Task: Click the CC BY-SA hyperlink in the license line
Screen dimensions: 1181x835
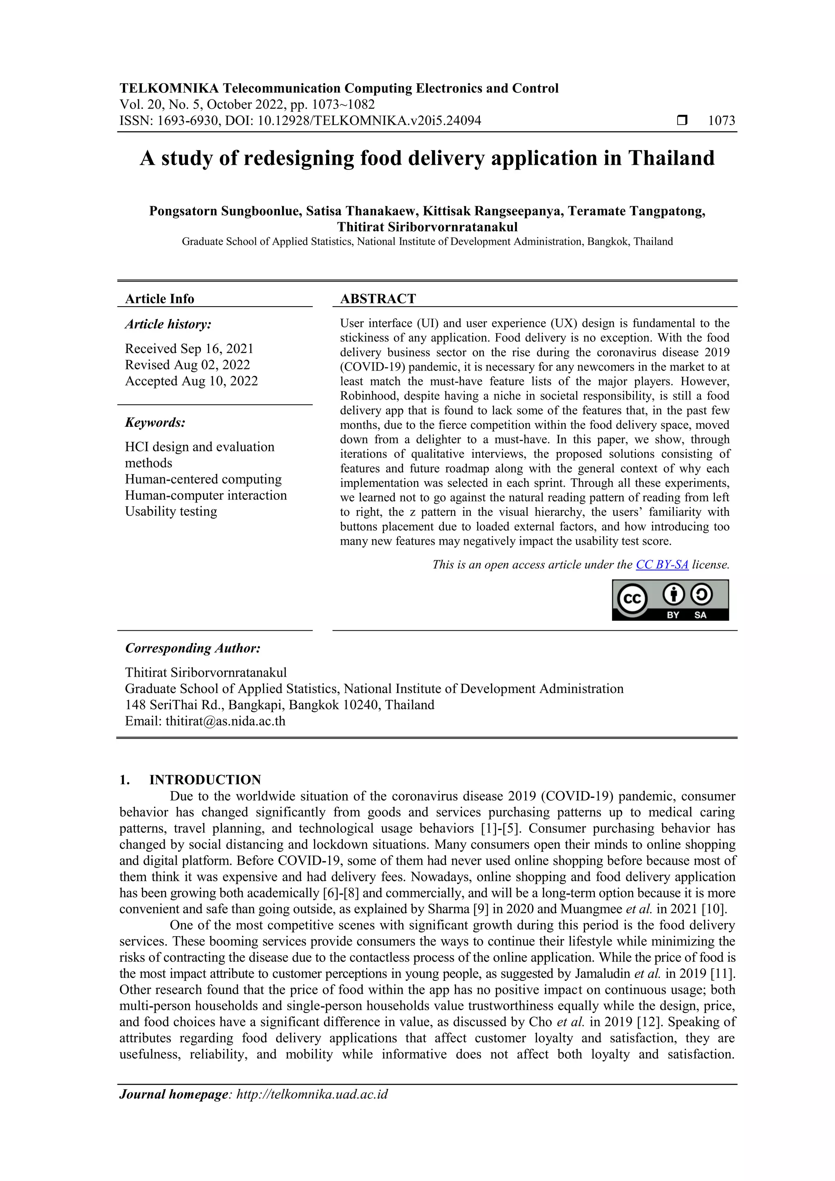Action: coord(662,565)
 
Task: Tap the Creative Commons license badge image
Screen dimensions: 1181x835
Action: coord(670,600)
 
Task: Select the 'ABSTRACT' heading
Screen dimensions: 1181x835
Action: coord(378,299)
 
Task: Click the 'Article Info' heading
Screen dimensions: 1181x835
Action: coord(159,299)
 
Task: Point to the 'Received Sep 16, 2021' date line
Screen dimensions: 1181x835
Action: coord(189,349)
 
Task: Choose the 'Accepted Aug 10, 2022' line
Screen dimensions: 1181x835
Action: coord(191,381)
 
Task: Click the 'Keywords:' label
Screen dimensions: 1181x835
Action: coord(155,423)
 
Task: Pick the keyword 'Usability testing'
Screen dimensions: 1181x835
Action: coord(171,511)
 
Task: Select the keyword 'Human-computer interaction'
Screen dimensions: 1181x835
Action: coord(206,495)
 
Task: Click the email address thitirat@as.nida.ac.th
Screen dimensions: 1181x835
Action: coord(225,721)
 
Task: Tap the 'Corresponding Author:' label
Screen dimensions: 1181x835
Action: coord(192,648)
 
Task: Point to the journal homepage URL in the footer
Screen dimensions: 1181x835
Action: coord(312,1094)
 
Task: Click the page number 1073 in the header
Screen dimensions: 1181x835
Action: coord(721,121)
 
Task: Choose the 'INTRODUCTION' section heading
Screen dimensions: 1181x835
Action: coord(205,780)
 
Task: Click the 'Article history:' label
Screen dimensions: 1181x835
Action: coord(168,324)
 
